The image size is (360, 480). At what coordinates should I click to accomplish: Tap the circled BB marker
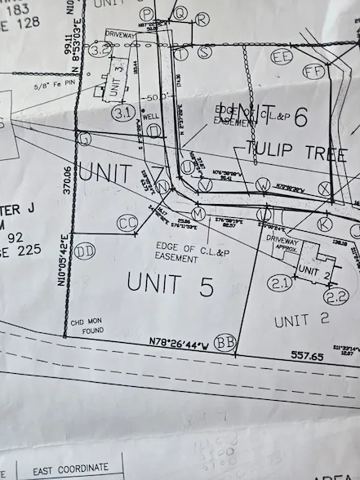pyautogui.click(x=224, y=340)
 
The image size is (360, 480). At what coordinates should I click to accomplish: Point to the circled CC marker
pyautogui.click(x=127, y=221)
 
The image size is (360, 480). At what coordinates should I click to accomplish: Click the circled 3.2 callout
pyautogui.click(x=100, y=51)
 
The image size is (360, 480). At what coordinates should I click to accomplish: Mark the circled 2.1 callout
pyautogui.click(x=280, y=283)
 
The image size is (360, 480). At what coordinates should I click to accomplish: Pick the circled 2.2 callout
pyautogui.click(x=336, y=296)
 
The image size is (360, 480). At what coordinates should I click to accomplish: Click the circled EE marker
pyautogui.click(x=282, y=56)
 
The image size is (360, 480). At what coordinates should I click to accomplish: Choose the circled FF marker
pyautogui.click(x=313, y=71)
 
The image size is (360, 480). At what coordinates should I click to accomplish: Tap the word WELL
pyautogui.click(x=150, y=117)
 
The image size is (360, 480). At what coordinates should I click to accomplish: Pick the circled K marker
pyautogui.click(x=324, y=223)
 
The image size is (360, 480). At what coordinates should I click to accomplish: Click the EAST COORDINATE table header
pyautogui.click(x=70, y=468)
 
